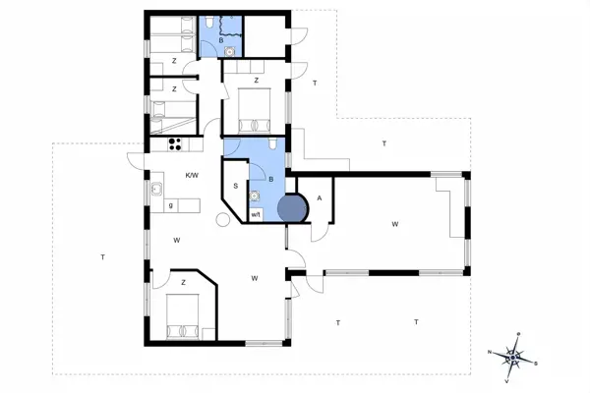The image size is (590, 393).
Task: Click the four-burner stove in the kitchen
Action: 176,143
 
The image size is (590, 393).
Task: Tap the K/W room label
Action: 193,176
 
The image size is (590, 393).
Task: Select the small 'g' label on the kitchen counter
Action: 171,205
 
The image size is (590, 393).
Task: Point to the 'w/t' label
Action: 256,213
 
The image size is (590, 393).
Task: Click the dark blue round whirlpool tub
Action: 292,208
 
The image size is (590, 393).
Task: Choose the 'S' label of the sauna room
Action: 236,186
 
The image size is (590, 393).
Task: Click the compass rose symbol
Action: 513,356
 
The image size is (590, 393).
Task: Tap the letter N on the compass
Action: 489,351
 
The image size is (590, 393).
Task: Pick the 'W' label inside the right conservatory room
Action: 394,225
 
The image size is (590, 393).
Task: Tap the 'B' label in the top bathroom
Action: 207,40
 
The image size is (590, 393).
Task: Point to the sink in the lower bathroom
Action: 255,195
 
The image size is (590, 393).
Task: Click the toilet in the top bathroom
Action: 212,22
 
